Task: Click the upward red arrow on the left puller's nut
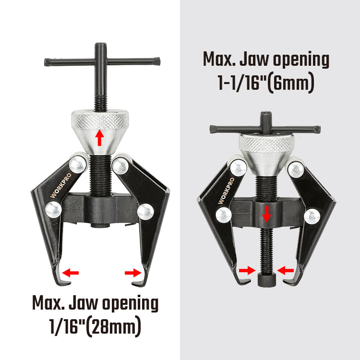tap(99, 138)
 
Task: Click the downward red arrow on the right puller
tap(266, 214)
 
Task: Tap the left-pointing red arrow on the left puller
tap(71, 273)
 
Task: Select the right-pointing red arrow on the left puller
tap(133, 273)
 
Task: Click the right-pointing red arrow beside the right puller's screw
tap(247, 270)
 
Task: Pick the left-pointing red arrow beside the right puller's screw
tap(286, 270)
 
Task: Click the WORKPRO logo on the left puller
tap(61, 185)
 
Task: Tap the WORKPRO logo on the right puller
tap(227, 191)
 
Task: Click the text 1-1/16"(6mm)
tap(266, 83)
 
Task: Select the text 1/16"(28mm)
tap(95, 326)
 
